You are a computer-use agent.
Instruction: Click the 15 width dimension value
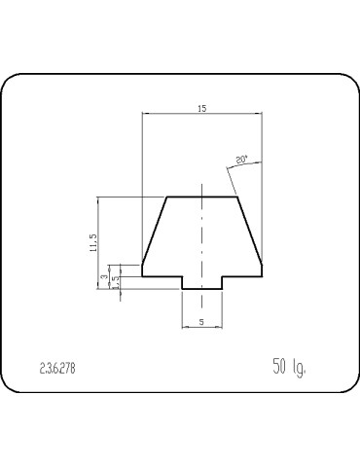tap(201, 108)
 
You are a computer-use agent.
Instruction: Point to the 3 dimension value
tap(103, 278)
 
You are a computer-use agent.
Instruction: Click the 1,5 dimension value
tap(114, 282)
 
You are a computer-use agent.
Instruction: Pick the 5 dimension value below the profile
tap(201, 319)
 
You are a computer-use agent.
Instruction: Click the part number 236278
tap(56, 369)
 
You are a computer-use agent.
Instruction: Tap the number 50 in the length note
tap(280, 367)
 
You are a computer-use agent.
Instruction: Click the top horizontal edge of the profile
tap(202, 198)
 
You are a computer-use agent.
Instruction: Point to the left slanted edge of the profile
tap(154, 233)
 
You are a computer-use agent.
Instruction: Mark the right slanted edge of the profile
tap(250, 233)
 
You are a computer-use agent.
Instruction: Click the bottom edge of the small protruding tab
tap(201, 287)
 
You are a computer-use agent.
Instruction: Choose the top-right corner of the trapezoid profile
tap(237, 198)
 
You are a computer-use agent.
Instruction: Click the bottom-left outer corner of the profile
tap(143, 275)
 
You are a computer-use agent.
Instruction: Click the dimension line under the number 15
tap(201, 115)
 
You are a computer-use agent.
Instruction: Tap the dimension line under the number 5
tap(201, 327)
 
